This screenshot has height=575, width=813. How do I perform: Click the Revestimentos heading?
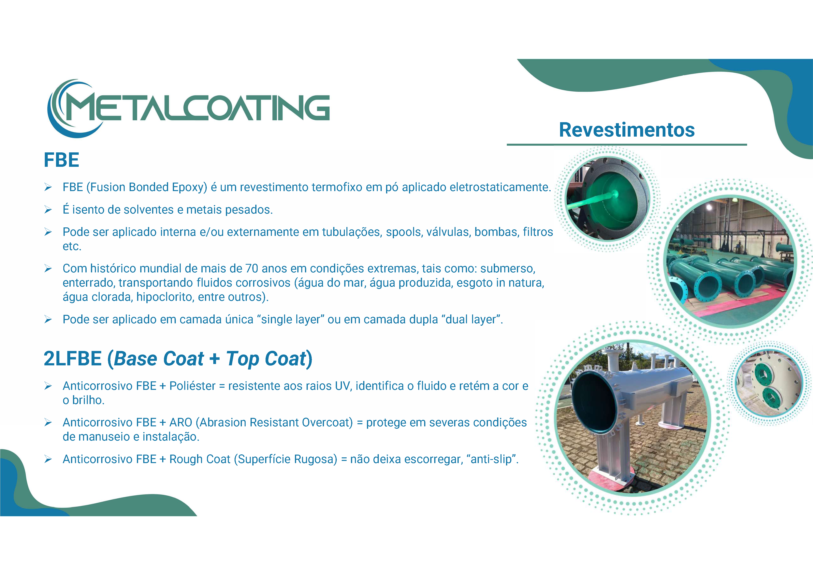(627, 130)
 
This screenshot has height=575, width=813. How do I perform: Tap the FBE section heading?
(61, 160)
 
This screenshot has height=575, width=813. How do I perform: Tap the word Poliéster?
(192, 386)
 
